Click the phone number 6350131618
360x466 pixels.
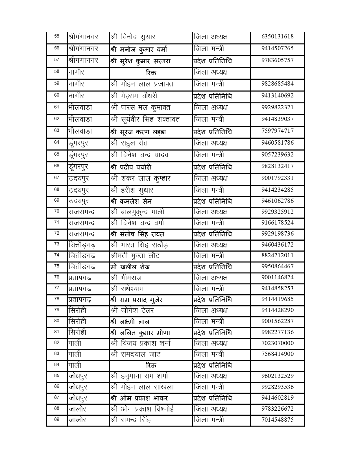tap(277, 36)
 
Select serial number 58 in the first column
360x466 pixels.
tap(57, 71)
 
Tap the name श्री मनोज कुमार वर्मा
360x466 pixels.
tap(139, 49)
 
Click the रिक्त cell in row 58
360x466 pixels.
tap(151, 73)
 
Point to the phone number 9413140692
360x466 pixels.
tap(277, 95)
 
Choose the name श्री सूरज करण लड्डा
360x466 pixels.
tap(138, 132)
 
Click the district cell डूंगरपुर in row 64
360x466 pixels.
tap(78, 143)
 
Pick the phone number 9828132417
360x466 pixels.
tap(277, 166)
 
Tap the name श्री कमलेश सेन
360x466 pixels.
tap(131, 201)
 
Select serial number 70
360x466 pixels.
tap(57, 211)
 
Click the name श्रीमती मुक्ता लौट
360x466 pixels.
tap(135, 256)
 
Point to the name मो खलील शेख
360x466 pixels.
tap(130, 267)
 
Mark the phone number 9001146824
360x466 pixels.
tap(277, 277)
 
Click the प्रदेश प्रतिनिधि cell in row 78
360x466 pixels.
tap(213, 299)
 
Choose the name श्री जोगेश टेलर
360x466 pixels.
tap(132, 311)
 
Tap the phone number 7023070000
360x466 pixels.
tap(277, 343)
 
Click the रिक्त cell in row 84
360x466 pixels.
tap(151, 365)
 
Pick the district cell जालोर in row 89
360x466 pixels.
tap(77, 420)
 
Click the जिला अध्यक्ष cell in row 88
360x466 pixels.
tap(211, 409)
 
